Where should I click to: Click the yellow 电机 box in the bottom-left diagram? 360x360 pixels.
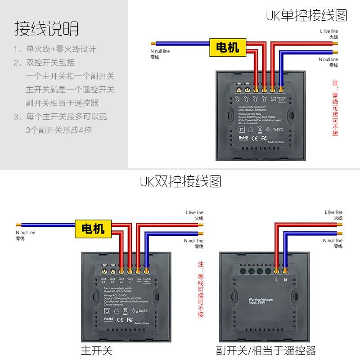click(x=93, y=229)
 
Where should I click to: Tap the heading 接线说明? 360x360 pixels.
click(x=46, y=28)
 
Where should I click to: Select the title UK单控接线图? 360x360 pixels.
click(x=306, y=16)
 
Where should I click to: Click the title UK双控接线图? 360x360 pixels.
click(x=180, y=181)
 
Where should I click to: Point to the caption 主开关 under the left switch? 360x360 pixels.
click(x=96, y=350)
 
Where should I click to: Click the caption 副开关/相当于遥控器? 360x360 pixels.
click(x=265, y=350)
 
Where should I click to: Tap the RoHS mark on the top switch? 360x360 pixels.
click(x=243, y=138)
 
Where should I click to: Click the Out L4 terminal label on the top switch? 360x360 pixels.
click(x=238, y=99)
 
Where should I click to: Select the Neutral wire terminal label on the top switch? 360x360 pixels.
click(x=281, y=99)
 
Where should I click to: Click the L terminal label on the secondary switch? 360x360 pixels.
click(x=276, y=280)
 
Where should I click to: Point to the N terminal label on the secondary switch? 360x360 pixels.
click(x=285, y=280)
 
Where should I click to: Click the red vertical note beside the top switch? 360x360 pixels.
click(x=335, y=108)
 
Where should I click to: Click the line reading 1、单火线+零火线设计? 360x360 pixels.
click(x=54, y=49)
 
